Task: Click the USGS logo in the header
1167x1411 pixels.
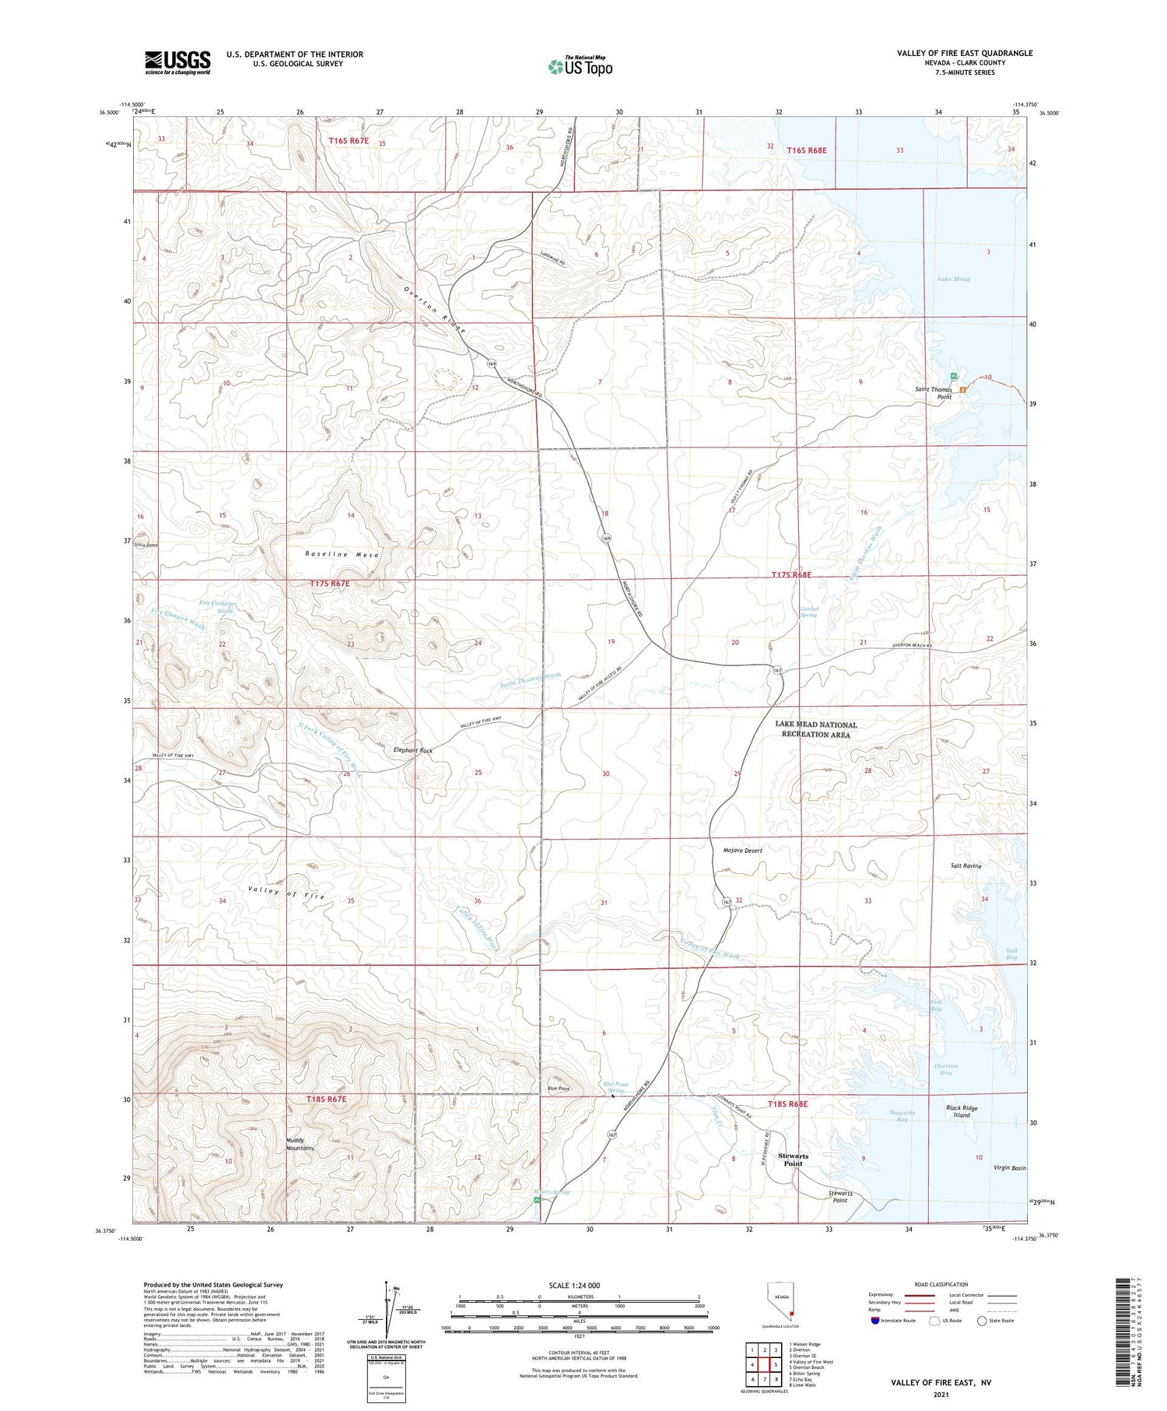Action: [x=177, y=62]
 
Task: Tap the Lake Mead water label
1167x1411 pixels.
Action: [x=953, y=279]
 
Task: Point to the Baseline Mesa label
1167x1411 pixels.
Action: [x=342, y=554]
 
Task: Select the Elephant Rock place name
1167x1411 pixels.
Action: [x=413, y=750]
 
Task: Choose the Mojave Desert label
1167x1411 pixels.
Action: [x=742, y=851]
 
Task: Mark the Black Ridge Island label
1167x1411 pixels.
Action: [x=962, y=1111]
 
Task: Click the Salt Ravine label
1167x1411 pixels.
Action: [x=965, y=865]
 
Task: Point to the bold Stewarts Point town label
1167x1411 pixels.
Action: [x=793, y=1160]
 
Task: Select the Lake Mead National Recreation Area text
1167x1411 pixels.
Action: [x=816, y=729]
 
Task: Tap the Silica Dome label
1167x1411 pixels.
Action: [x=145, y=546]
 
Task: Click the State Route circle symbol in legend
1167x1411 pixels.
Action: [x=982, y=1321]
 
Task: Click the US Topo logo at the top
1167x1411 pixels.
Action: [x=580, y=67]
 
